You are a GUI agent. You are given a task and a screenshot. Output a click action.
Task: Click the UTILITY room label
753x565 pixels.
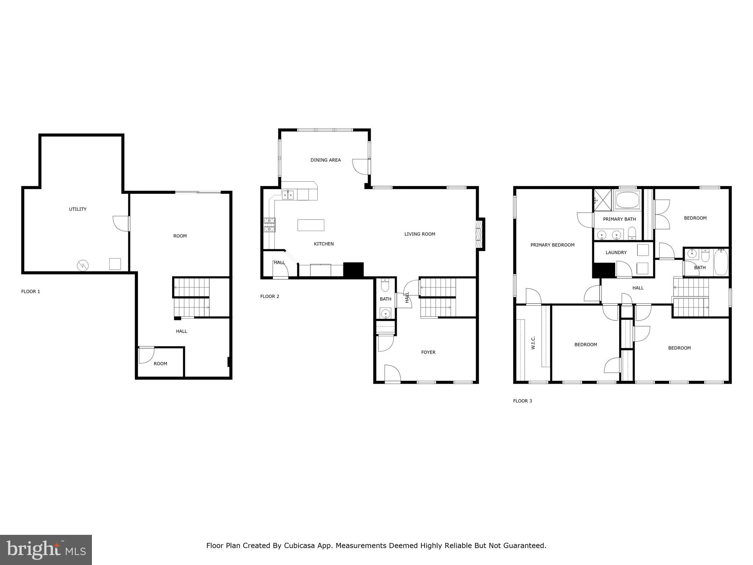tap(78, 209)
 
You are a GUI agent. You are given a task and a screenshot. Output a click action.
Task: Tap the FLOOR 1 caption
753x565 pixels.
tap(31, 292)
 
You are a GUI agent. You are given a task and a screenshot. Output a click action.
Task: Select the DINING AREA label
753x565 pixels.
tap(325, 160)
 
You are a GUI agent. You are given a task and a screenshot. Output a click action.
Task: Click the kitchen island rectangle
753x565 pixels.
tap(311, 225)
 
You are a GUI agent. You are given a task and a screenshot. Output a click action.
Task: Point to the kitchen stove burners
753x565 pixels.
tap(269, 225)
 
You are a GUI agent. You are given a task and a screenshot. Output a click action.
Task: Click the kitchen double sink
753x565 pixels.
tap(288, 195)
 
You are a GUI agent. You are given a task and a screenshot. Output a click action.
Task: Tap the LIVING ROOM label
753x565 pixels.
tap(420, 234)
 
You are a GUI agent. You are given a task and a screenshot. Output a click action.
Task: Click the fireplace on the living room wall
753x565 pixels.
tap(479, 234)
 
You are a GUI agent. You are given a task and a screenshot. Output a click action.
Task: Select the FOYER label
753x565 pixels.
tap(428, 352)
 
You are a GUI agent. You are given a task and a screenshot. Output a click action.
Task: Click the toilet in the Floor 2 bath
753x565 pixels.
tap(385, 286)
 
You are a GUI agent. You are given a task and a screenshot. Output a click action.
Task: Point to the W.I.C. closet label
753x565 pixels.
tap(533, 342)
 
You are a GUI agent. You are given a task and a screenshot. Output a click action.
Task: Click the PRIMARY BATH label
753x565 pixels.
tap(619, 219)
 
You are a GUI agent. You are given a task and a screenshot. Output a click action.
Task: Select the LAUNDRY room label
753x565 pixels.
tap(616, 253)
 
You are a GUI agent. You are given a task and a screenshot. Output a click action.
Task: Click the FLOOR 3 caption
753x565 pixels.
tap(522, 401)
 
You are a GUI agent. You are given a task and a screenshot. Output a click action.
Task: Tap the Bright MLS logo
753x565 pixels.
tap(46, 550)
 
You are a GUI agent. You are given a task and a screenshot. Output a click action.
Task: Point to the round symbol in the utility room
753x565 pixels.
tap(83, 265)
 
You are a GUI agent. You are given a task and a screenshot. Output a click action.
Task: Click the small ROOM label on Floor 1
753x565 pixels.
tap(160, 364)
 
